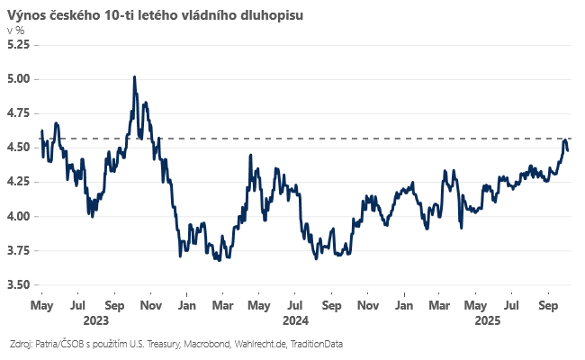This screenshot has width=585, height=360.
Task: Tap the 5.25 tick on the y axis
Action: coord(19,44)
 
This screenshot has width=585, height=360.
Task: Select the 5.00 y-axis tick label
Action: coord(19,78)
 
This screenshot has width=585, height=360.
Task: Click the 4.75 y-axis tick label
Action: coord(19,112)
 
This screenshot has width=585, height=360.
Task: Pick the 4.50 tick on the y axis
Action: coord(19,148)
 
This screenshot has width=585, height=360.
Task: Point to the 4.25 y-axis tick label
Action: coord(19,182)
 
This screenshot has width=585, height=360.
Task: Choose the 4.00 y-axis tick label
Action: coord(19,216)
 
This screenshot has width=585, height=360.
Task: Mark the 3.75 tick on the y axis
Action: coord(19,250)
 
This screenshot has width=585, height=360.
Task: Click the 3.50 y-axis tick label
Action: coord(19,284)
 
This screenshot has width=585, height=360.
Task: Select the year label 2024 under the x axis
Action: coord(295,319)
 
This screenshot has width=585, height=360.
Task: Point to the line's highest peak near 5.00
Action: coord(134,77)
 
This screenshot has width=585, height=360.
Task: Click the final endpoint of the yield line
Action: coord(568,150)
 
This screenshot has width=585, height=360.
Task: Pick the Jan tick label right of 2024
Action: coord(404,305)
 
